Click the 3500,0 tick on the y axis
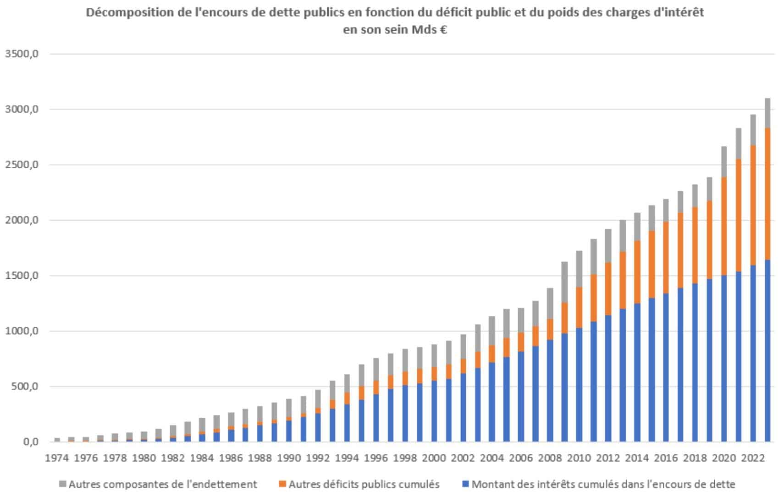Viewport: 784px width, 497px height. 22,54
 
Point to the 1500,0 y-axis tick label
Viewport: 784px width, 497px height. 22,276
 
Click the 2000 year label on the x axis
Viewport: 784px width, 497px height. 433,458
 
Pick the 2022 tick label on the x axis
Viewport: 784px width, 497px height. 752,458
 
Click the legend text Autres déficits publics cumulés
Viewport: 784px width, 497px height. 364,484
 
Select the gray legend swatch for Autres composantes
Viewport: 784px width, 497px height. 63,484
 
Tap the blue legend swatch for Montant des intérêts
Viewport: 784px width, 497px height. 466,484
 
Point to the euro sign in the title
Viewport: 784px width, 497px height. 443,30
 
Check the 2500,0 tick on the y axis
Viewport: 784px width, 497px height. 22,165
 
